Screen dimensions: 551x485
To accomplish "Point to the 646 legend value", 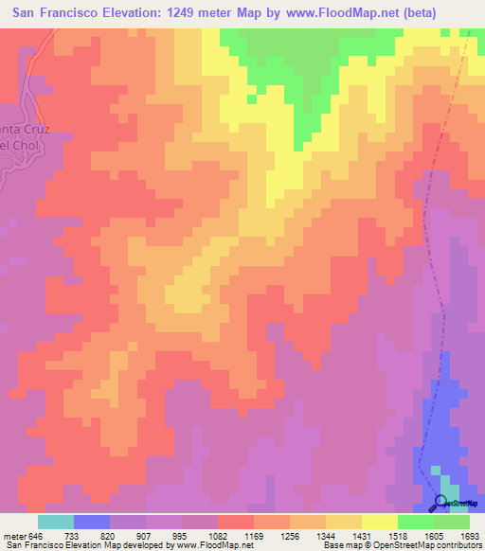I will coord(38,536).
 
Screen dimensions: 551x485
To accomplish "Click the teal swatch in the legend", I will coord(56,522).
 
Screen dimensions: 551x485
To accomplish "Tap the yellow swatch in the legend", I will coord(379,522).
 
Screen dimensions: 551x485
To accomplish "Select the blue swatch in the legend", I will coord(92,522).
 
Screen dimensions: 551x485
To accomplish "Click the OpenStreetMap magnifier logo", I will coord(440,503).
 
